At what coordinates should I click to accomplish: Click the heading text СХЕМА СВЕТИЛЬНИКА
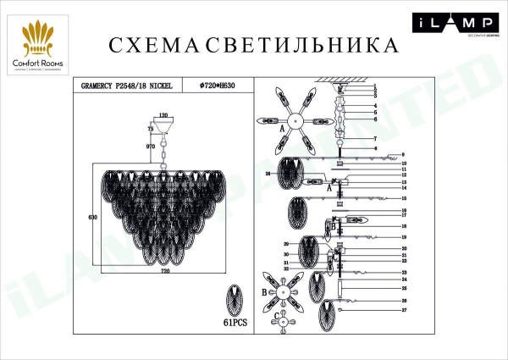254,44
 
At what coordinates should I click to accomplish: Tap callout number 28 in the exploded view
267,174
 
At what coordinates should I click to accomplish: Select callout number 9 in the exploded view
405,155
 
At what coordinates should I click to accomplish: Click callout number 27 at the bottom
405,312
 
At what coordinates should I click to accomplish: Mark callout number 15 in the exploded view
405,197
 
